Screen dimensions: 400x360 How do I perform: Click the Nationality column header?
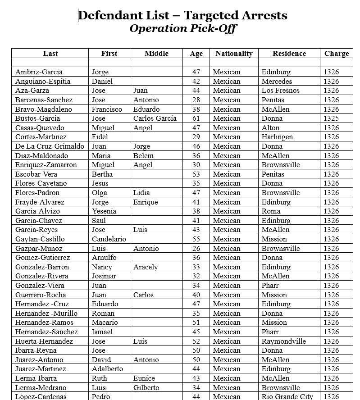(234, 53)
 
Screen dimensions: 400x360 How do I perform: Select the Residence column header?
(289, 53)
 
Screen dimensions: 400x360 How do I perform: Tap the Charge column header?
(336, 53)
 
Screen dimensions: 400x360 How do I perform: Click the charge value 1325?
(331, 118)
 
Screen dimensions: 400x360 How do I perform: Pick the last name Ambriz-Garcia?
(39, 72)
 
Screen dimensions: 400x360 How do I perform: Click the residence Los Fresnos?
(280, 91)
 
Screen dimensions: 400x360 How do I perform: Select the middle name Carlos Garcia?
(155, 118)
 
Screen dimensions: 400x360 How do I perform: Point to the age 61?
(196, 118)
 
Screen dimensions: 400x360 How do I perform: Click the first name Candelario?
(109, 239)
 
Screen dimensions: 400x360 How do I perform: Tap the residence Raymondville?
(283, 341)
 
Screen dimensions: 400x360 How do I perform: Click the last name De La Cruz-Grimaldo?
(50, 146)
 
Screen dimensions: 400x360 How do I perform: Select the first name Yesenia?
(104, 211)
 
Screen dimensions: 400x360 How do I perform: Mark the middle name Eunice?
(144, 378)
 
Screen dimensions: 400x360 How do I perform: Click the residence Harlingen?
(277, 137)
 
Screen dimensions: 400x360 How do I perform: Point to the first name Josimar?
(104, 276)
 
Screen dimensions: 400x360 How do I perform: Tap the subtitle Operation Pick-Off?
(183, 29)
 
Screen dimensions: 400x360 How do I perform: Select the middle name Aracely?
(146, 267)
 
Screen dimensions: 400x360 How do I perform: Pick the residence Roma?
(271, 211)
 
